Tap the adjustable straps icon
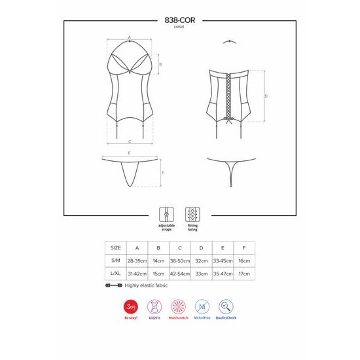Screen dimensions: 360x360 click(x=166, y=215)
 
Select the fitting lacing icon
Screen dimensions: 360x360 click(x=192, y=215)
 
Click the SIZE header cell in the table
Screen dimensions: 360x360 click(x=116, y=248)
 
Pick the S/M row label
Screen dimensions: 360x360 click(x=116, y=261)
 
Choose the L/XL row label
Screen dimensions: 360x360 click(x=116, y=273)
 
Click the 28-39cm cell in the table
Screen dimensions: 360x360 click(x=137, y=261)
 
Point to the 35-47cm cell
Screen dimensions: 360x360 click(x=223, y=273)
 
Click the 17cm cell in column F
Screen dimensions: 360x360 click(x=244, y=273)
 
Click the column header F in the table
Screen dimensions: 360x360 click(x=244, y=248)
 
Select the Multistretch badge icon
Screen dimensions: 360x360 click(x=178, y=307)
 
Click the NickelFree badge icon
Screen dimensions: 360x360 click(x=203, y=307)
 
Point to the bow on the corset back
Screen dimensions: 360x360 click(x=229, y=120)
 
